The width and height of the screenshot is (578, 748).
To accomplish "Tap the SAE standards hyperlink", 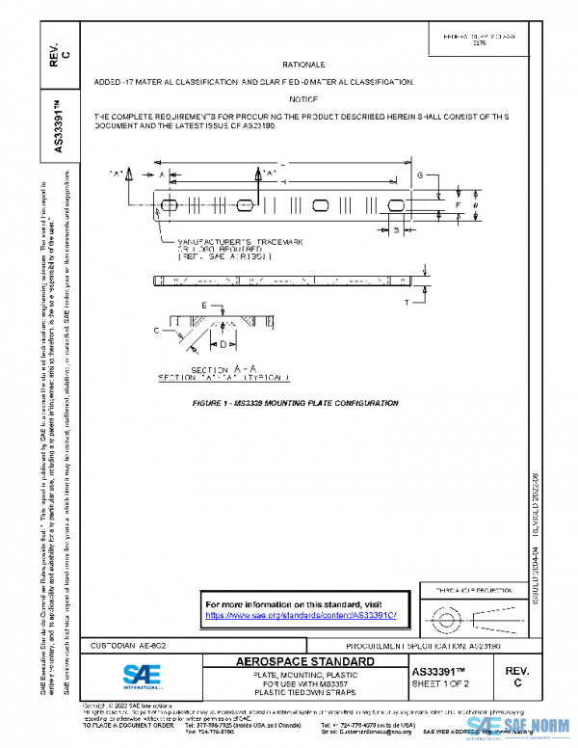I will point(302,614).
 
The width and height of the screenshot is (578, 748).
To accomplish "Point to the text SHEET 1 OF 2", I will point(442,683).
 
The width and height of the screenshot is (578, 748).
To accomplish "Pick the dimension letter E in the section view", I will point(203,305).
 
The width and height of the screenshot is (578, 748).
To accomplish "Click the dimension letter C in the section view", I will point(156,330).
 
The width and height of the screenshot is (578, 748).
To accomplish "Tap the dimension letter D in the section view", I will point(223,343).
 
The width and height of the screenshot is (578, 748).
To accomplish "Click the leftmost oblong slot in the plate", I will point(171,202).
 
